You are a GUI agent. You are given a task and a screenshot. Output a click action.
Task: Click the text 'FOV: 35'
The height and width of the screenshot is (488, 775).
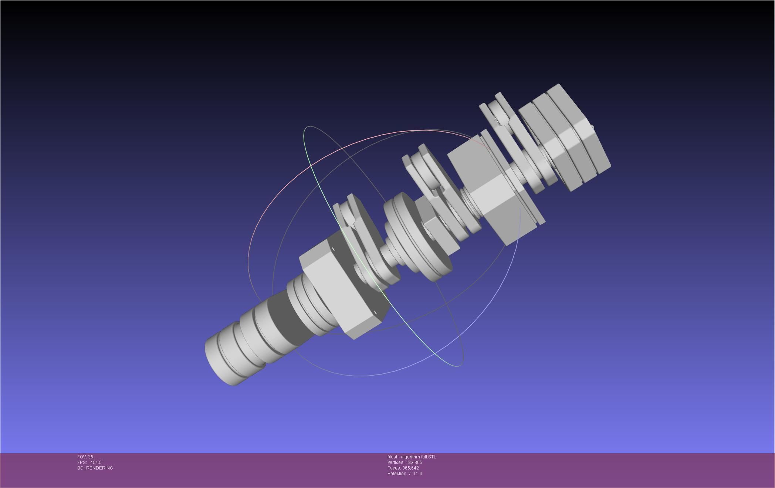click(85, 457)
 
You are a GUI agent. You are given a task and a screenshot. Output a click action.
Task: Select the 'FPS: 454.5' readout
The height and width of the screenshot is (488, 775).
click(89, 462)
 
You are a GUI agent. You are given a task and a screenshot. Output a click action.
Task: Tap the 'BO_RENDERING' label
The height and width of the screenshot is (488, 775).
click(95, 468)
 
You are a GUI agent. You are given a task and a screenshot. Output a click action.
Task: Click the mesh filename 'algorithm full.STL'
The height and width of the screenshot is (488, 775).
click(418, 457)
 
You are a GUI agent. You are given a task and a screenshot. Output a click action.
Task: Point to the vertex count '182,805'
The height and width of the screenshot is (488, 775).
click(414, 462)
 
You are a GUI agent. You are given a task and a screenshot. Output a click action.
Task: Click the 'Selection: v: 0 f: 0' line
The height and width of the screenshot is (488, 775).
click(405, 474)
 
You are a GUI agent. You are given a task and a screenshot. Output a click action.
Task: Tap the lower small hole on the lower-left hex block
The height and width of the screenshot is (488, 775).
click(376, 313)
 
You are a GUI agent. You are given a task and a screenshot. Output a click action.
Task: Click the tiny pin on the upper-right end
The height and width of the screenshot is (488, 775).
click(592, 128)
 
